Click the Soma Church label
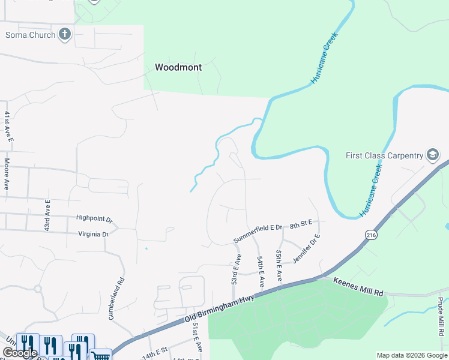pos(30,35)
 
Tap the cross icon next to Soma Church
pos(65,34)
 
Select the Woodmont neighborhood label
pos(178,67)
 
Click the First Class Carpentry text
pos(384,156)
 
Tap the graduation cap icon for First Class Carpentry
pos(432,155)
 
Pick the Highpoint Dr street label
pos(94,219)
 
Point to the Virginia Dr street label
pos(92,234)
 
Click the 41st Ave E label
pos(8,127)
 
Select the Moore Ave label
pos(6,174)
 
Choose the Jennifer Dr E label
pos(307,248)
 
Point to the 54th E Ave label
pos(261,271)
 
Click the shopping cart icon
pos(100,355)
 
